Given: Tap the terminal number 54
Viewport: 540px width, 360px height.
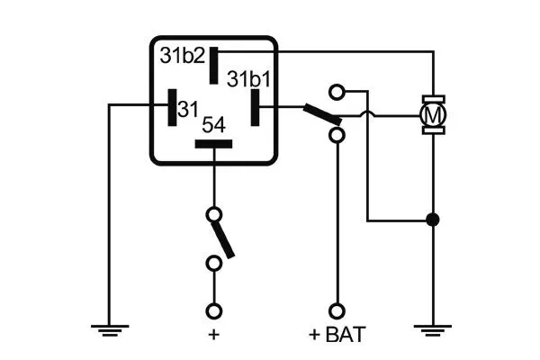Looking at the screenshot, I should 213,124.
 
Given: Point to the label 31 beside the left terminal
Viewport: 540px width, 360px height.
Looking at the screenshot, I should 187,109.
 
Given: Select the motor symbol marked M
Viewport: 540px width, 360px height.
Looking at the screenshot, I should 434,114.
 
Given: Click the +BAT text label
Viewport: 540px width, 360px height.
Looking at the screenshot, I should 337,336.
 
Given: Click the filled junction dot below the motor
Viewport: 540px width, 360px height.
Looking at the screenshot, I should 433,219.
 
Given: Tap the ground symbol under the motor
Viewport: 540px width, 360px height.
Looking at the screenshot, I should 433,329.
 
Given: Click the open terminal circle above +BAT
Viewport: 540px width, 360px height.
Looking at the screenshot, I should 337,310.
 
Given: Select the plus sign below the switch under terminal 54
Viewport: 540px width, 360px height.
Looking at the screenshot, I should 213,335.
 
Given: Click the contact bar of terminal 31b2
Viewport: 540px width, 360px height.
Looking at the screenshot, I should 214,66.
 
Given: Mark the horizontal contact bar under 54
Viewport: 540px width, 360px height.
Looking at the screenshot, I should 213,144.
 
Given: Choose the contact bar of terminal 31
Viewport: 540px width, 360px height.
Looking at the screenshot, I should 170,107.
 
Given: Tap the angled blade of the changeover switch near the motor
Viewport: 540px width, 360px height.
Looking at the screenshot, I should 321,115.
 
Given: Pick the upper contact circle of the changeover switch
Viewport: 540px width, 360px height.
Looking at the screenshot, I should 337,91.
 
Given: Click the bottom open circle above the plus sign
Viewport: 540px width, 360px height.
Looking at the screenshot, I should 213,310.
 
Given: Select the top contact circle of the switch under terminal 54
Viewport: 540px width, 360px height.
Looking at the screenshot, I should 213,215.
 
